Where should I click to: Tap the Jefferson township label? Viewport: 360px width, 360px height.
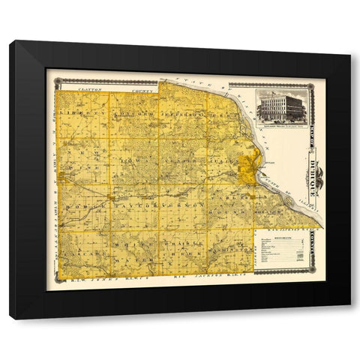click(x=180, y=115)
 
